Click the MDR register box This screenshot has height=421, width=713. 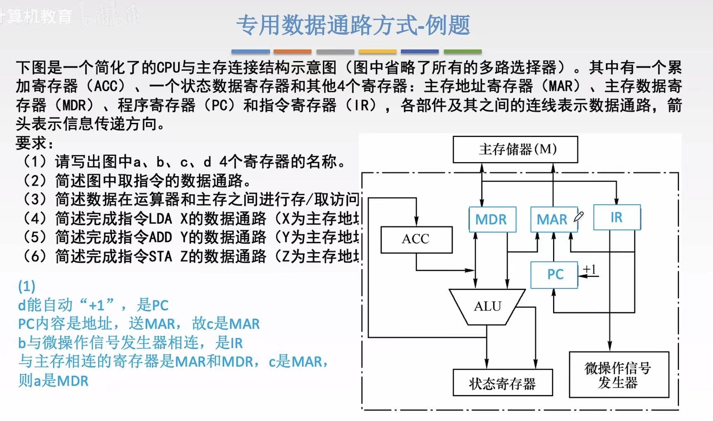[492, 219]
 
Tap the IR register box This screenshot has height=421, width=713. [617, 217]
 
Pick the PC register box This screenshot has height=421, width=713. [554, 275]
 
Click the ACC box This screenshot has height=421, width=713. [416, 239]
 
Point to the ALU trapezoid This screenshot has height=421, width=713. [487, 306]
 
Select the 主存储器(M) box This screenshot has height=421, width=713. [515, 149]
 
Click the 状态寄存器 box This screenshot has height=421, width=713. [503, 383]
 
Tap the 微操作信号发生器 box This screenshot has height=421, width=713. [618, 375]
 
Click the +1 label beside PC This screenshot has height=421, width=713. [589, 270]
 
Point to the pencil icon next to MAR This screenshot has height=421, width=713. [579, 216]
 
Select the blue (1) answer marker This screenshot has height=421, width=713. [27, 286]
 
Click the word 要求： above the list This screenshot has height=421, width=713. [35, 143]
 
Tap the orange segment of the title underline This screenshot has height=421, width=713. [292, 52]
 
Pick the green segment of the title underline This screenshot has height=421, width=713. [463, 52]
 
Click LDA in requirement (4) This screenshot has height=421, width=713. [160, 218]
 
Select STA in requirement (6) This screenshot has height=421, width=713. [160, 256]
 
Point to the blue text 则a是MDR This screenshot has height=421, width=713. [53, 380]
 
